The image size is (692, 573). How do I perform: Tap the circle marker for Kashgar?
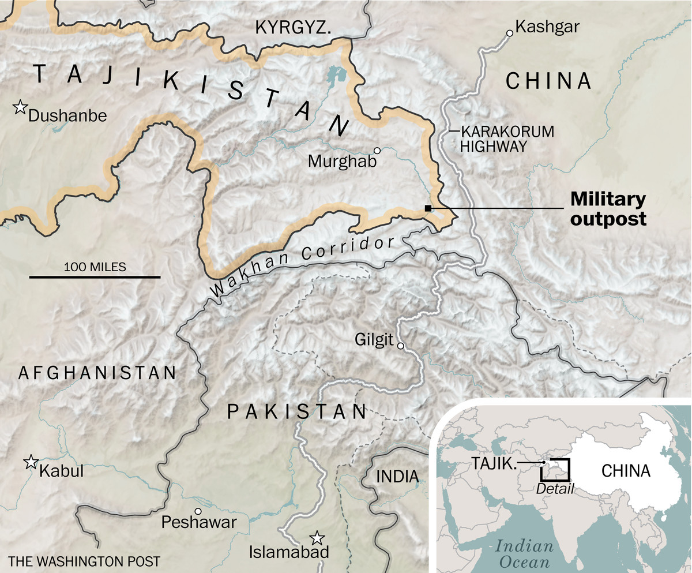click(x=509, y=33)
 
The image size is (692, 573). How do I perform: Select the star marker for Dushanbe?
click(x=21, y=107)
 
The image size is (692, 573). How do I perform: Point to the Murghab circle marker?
click(x=377, y=151)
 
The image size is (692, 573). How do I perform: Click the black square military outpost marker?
click(x=427, y=208)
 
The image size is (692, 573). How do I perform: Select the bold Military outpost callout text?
click(x=608, y=209)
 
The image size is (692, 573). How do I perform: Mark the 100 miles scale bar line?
click(x=95, y=278)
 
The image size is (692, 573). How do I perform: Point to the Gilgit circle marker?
click(x=401, y=346)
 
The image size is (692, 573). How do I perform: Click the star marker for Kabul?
click(x=30, y=462)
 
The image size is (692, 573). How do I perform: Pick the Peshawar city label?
click(x=199, y=522)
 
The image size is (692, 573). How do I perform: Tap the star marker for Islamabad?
click(x=316, y=538)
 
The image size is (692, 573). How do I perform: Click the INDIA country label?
click(x=397, y=477)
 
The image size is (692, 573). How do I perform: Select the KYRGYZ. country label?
click(x=294, y=27)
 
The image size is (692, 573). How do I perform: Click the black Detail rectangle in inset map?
click(x=555, y=470)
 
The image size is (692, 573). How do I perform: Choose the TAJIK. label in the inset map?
click(x=494, y=463)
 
